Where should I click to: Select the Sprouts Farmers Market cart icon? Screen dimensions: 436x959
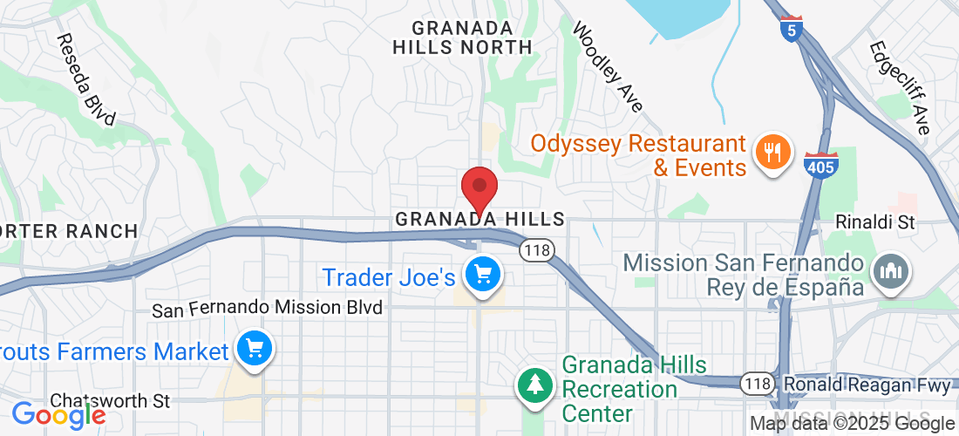point(255,350)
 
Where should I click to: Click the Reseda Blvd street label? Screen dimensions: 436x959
point(86,80)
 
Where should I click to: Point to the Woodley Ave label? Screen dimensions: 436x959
point(607,67)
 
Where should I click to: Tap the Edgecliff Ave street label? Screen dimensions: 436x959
point(900,87)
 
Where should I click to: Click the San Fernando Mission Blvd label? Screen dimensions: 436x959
point(268,309)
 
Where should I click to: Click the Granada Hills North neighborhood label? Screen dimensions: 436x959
point(462,37)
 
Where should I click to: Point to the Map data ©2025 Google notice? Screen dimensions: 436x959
point(853,424)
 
